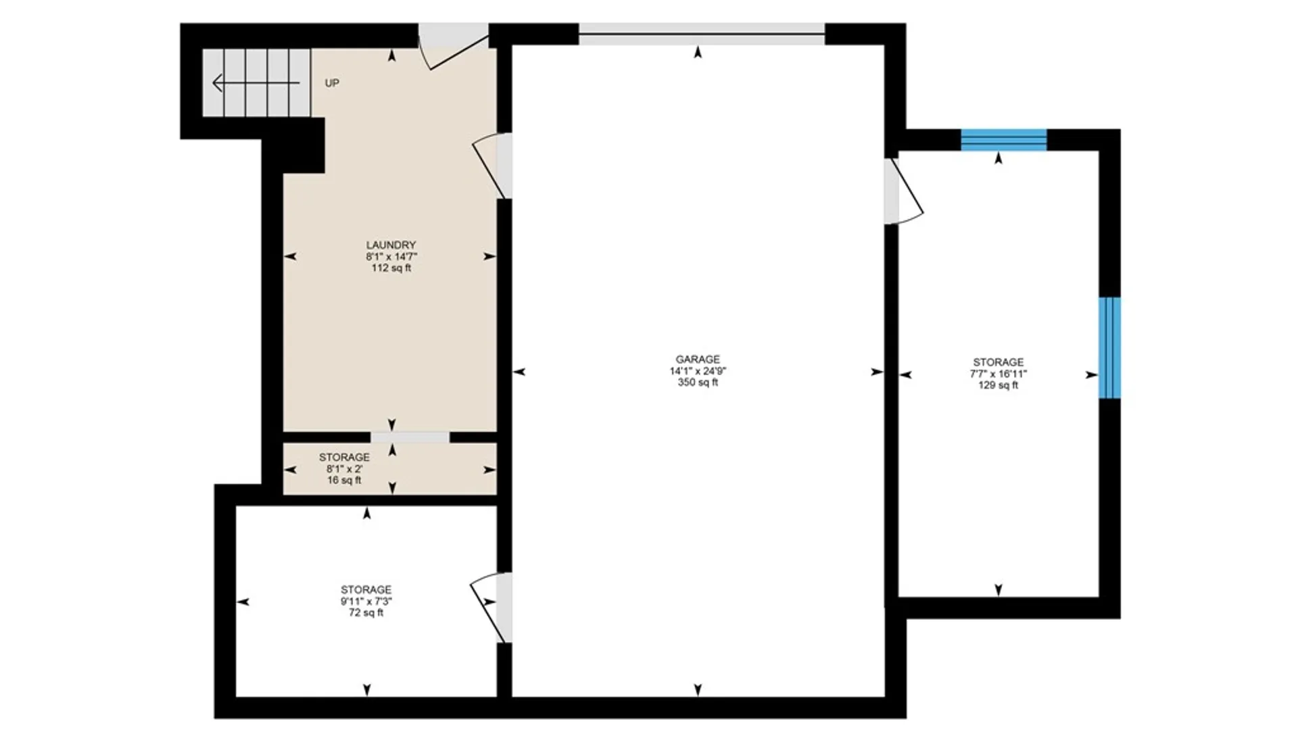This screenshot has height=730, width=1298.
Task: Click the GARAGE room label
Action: pyautogui.click(x=698, y=360)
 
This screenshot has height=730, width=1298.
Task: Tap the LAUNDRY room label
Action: pyautogui.click(x=391, y=245)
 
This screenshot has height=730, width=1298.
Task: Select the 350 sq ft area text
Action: pyautogui.click(x=698, y=383)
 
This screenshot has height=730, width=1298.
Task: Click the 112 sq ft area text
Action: pyautogui.click(x=391, y=268)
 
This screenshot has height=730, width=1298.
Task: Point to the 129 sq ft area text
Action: pyautogui.click(x=998, y=385)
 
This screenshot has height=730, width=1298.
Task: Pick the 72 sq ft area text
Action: pyautogui.click(x=366, y=612)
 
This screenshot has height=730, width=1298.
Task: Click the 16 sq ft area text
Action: pyautogui.click(x=344, y=480)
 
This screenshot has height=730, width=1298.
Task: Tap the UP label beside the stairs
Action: pyautogui.click(x=332, y=83)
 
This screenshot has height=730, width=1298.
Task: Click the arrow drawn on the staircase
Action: pyautogui.click(x=256, y=83)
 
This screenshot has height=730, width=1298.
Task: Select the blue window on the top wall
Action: pyautogui.click(x=1003, y=140)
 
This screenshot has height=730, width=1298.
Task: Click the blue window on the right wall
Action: pyautogui.click(x=1109, y=347)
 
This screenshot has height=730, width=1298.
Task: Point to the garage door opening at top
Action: pyautogui.click(x=701, y=34)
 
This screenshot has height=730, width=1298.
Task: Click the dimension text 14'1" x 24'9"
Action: pyautogui.click(x=698, y=371)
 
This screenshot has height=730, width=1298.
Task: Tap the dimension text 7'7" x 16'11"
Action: pyautogui.click(x=998, y=374)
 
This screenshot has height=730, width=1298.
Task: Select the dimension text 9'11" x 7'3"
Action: pyautogui.click(x=366, y=601)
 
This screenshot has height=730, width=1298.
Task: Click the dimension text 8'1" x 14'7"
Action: pyautogui.click(x=391, y=256)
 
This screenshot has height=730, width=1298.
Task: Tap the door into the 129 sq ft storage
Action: pyautogui.click(x=903, y=191)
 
